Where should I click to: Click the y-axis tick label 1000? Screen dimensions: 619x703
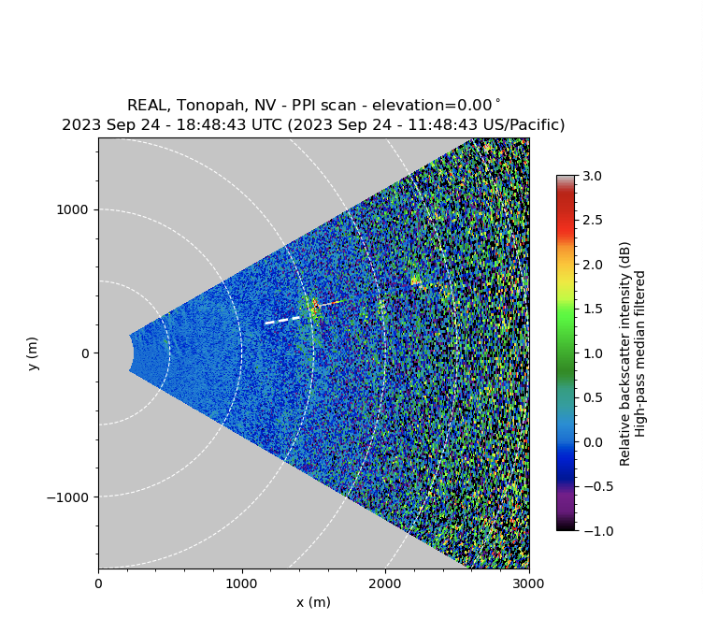coord(73,209)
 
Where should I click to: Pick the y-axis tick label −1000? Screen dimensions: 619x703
coord(69,497)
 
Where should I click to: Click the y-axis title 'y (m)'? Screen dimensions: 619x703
coord(33,353)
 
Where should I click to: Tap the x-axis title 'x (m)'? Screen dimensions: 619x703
coord(313,602)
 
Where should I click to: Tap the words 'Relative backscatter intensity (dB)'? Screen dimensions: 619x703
coord(624,353)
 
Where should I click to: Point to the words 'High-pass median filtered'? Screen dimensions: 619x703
coord(640,353)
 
